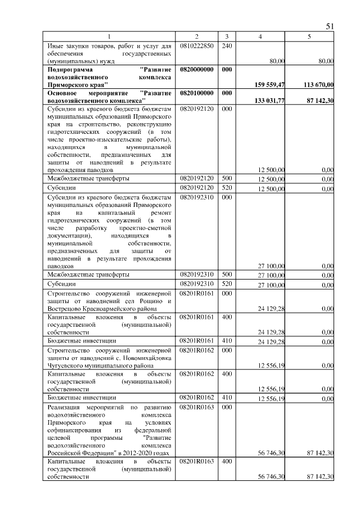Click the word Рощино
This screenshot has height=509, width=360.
coord(148,301)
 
